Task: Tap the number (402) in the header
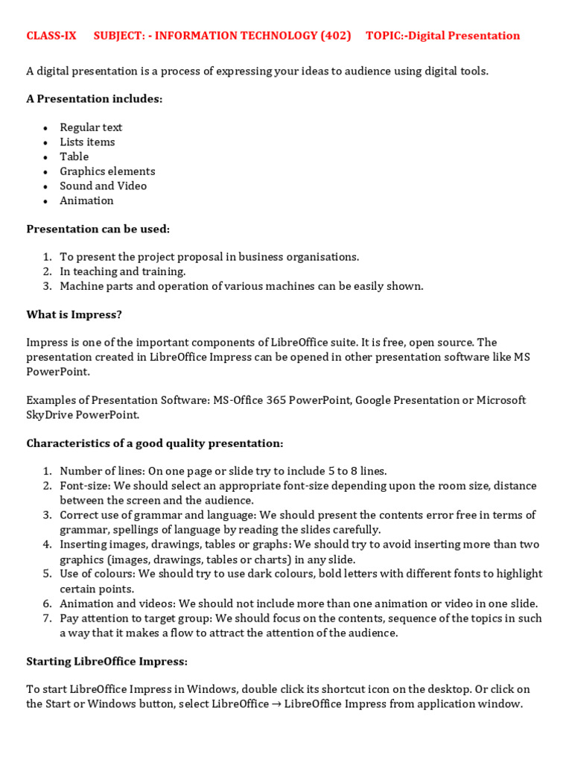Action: [335, 36]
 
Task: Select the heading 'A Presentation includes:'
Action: [95, 99]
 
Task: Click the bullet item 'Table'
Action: [74, 156]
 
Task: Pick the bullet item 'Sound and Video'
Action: [104, 186]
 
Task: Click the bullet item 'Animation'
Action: [87, 200]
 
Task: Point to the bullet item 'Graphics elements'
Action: [108, 171]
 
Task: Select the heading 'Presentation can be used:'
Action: [98, 229]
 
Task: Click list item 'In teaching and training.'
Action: [123, 271]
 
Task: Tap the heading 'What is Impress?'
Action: [74, 314]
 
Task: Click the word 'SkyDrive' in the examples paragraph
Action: [49, 414]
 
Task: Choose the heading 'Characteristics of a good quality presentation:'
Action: [155, 443]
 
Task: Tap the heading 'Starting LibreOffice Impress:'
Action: [107, 661]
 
